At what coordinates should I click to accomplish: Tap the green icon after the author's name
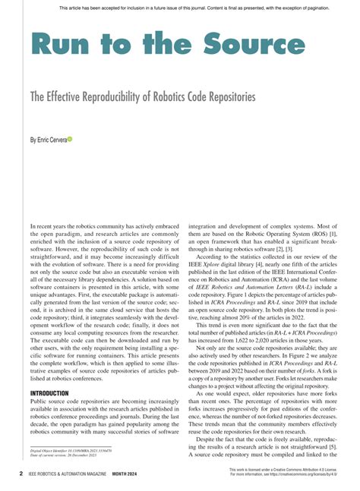pyautogui.click(x=70, y=140)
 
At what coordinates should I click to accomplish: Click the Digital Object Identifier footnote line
pyautogui.click(x=69, y=450)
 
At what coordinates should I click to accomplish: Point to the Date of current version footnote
pyautogui.click(x=67, y=455)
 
